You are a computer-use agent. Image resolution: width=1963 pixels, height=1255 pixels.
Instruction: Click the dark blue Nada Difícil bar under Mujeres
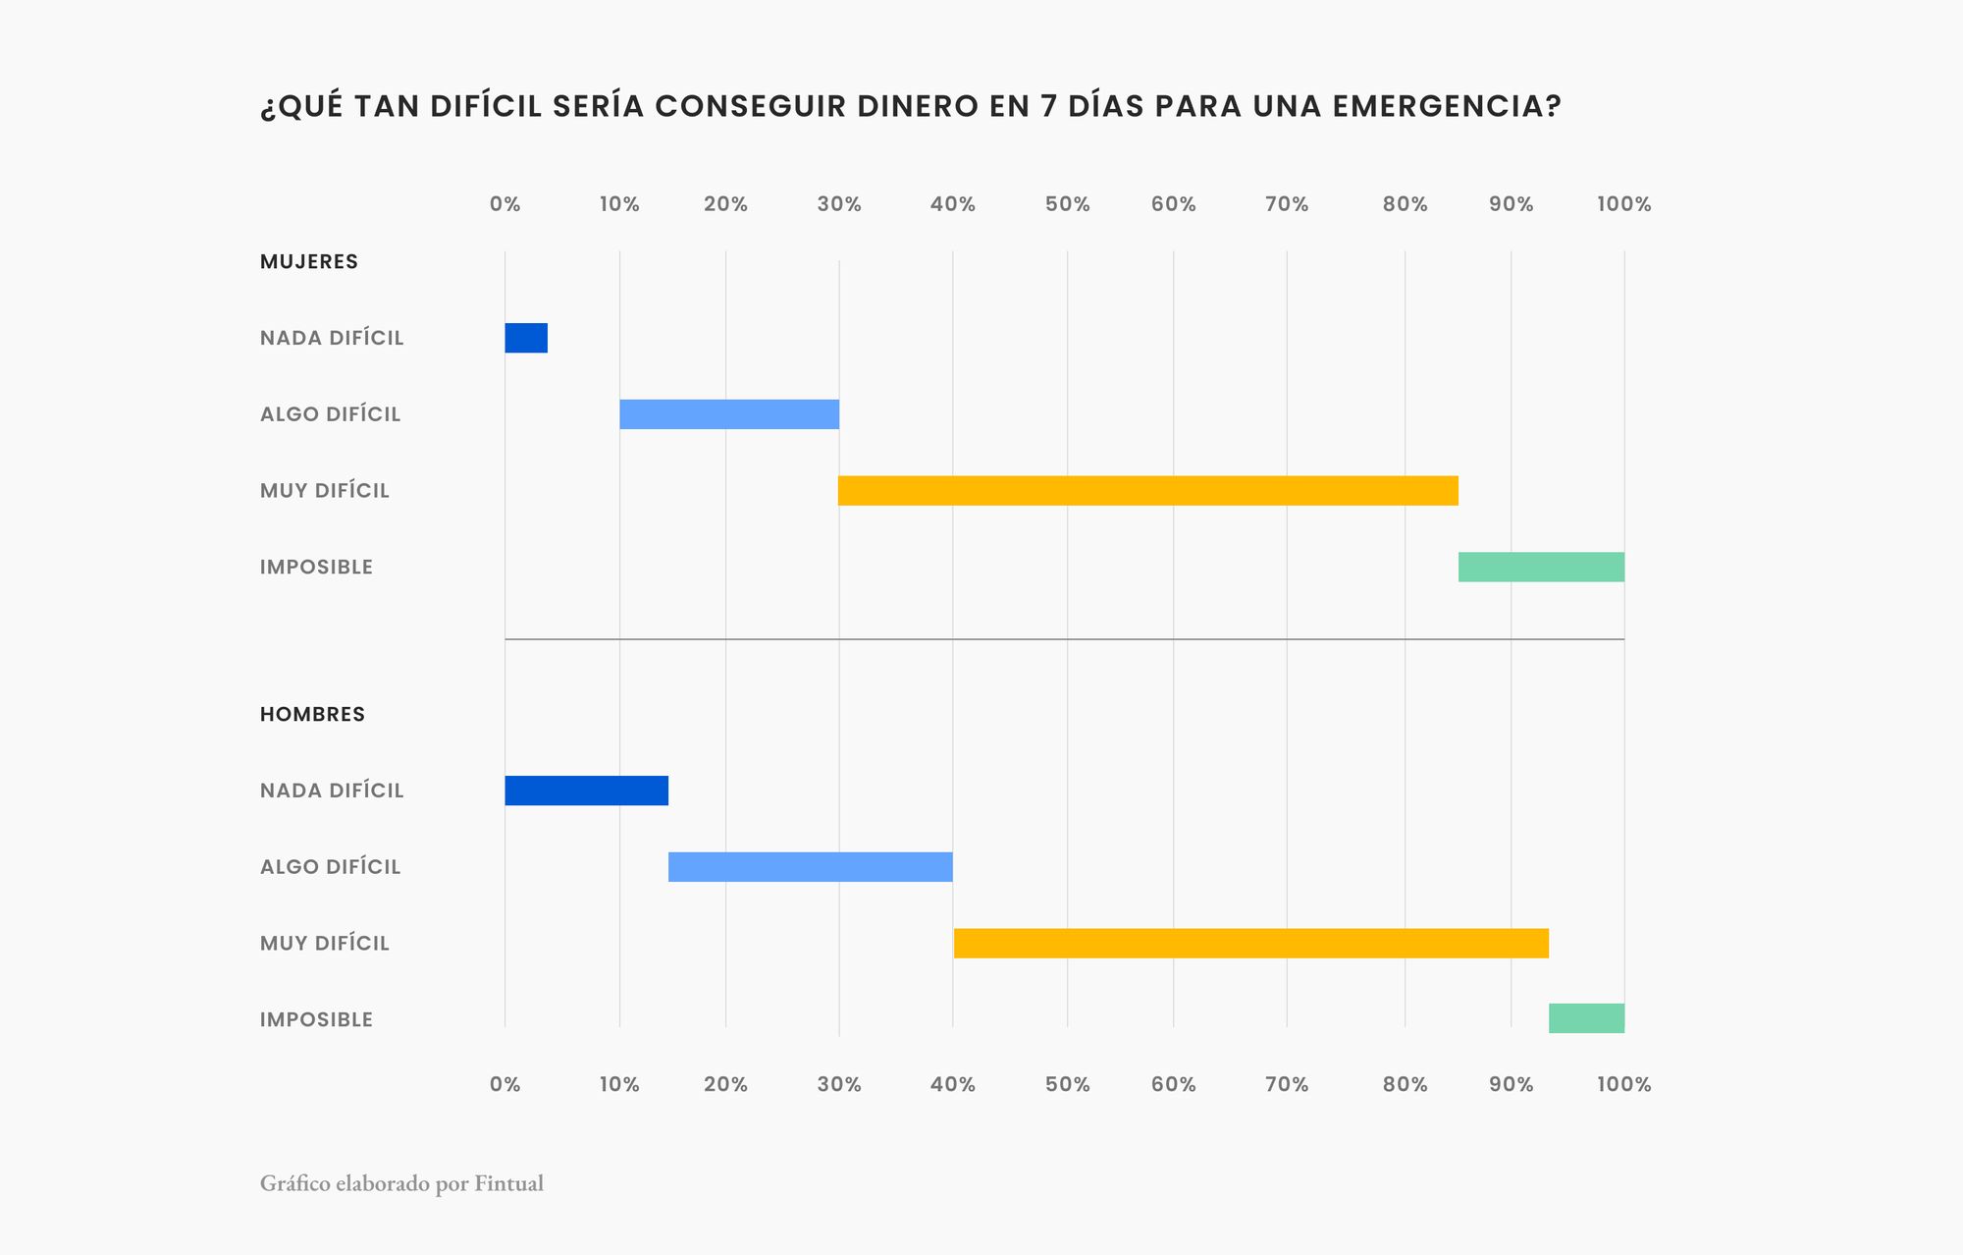[x=526, y=338]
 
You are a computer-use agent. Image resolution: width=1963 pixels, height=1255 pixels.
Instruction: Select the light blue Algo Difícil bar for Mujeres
[x=729, y=414]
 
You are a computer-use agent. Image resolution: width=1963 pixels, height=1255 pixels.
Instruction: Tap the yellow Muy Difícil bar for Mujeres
[x=1147, y=491]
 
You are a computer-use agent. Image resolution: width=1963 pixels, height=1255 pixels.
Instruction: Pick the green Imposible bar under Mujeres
[x=1541, y=567]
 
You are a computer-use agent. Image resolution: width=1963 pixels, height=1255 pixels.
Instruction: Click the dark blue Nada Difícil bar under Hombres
[x=586, y=791]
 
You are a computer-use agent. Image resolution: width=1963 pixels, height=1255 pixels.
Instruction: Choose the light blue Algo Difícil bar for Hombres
[x=810, y=867]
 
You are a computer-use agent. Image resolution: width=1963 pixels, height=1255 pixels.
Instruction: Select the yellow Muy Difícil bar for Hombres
[x=1250, y=943]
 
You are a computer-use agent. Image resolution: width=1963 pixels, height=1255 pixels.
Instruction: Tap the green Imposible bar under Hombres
[x=1586, y=1018]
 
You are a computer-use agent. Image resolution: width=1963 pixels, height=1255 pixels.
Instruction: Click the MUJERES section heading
[x=309, y=262]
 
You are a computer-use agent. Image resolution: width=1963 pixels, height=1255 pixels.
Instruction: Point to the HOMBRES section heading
[x=312, y=715]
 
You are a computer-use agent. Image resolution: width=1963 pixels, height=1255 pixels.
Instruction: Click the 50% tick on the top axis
[x=1067, y=204]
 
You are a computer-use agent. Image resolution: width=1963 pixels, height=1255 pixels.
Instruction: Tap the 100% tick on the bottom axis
[x=1623, y=1084]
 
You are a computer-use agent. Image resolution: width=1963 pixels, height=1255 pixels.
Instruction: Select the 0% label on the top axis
[x=504, y=204]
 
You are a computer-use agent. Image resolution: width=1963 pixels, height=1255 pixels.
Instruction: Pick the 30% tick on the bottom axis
[x=839, y=1084]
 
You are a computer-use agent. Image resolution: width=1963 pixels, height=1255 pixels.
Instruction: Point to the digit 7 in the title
[x=1048, y=106]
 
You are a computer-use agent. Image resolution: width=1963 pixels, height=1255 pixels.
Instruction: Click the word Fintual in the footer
[x=508, y=1183]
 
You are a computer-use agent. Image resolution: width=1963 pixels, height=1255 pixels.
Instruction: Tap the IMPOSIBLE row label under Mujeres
[x=316, y=568]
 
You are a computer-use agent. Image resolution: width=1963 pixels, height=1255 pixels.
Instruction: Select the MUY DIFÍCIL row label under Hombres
[x=324, y=944]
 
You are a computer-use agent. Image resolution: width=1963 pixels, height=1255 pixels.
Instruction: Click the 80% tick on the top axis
[x=1405, y=204]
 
